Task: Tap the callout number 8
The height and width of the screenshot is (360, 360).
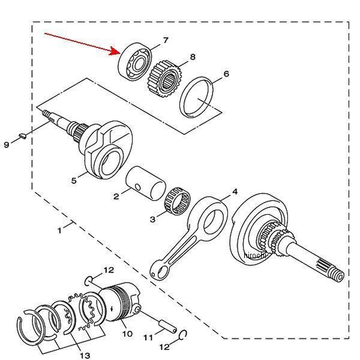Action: coord(192,57)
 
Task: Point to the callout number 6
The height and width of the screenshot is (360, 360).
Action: coord(226,74)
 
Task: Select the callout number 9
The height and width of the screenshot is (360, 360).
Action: coord(7,145)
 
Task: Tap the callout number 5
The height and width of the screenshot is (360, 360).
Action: coord(74,179)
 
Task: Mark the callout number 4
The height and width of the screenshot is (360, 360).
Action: coord(235,192)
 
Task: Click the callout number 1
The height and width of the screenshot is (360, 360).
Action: coord(59,230)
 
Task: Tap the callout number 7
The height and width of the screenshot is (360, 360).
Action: coord(165,40)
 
